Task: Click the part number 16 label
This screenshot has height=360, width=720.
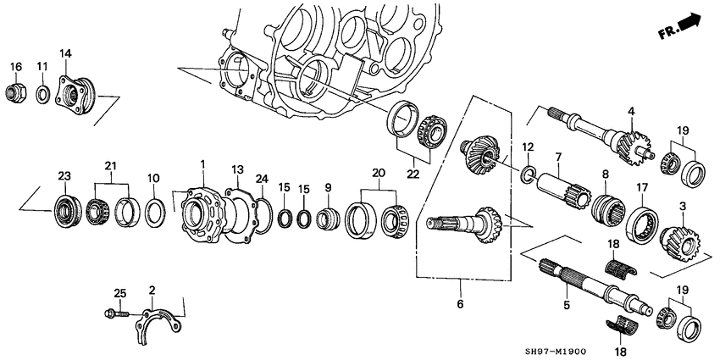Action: tap(15, 66)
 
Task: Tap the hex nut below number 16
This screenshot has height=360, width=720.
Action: tap(15, 89)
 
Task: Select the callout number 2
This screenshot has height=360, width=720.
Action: tap(152, 291)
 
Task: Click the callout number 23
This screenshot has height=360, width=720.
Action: tap(63, 175)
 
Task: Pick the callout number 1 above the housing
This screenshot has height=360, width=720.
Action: tap(202, 163)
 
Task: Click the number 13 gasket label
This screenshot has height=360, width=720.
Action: tap(237, 169)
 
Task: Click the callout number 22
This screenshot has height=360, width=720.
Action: tap(412, 174)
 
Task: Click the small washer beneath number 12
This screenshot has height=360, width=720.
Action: tap(529, 175)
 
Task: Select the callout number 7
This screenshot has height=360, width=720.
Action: tap(558, 157)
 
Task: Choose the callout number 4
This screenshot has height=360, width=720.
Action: tap(630, 111)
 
